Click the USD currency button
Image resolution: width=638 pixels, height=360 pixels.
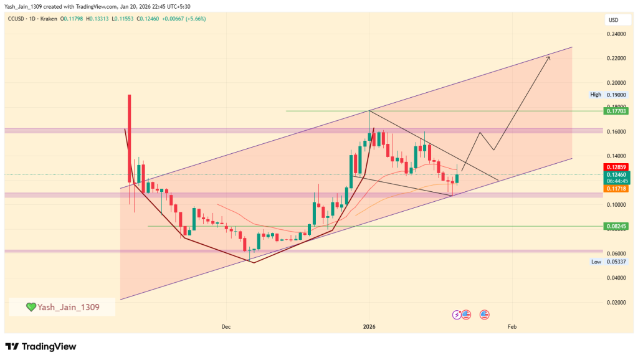[x=614, y=20]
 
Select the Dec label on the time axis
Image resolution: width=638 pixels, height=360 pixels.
[x=226, y=326]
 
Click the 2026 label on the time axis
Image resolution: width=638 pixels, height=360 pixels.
[x=369, y=326]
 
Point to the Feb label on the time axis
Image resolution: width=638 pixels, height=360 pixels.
[x=512, y=326]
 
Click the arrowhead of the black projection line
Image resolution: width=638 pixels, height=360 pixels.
[x=548, y=57]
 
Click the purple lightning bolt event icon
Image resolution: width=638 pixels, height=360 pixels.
[x=458, y=315]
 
